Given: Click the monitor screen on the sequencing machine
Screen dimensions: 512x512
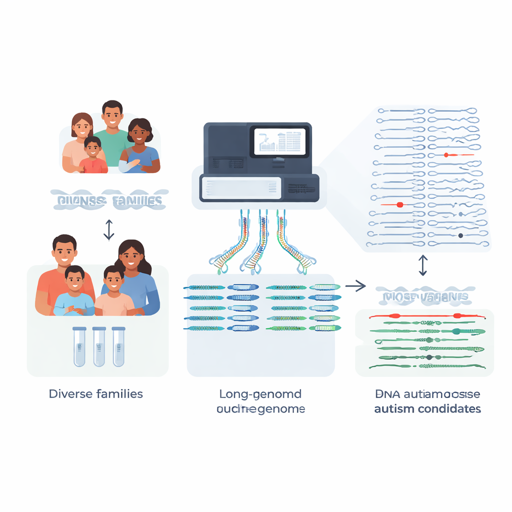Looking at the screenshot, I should (x=278, y=141).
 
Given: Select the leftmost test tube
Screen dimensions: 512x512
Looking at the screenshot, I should (x=80, y=346).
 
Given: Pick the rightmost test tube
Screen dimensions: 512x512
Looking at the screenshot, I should (x=118, y=346).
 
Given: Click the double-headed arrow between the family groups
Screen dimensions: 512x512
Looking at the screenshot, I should (x=109, y=228).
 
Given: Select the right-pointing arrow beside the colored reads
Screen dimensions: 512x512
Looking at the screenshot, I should (x=355, y=286).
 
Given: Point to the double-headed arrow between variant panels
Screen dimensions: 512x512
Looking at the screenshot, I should (x=423, y=265).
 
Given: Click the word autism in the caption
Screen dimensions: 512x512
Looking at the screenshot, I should (x=394, y=408).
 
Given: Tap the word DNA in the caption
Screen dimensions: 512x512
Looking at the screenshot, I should (x=384, y=393).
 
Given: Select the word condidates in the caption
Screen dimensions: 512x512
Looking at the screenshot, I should (x=449, y=408).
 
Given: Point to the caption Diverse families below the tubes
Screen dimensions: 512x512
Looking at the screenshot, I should (x=95, y=393).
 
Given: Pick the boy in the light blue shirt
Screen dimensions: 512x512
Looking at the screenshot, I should (x=74, y=295).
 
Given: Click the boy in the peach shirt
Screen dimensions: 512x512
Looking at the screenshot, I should (x=113, y=295).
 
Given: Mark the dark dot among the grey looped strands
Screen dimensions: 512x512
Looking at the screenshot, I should (x=460, y=235).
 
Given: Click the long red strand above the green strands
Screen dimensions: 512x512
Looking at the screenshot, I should (x=425, y=316).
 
